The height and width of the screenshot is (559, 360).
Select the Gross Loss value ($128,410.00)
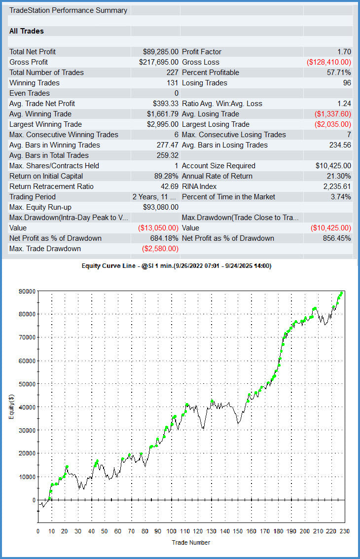click(329, 62)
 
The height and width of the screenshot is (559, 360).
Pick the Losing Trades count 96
click(347, 83)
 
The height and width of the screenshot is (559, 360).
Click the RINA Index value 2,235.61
click(336, 186)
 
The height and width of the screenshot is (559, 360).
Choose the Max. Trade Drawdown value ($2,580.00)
click(160, 249)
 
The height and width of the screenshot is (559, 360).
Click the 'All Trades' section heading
click(27, 31)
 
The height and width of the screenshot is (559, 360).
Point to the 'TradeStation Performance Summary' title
click(68, 10)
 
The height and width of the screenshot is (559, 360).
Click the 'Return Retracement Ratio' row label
click(51, 186)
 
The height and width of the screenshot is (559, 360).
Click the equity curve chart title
click(176, 266)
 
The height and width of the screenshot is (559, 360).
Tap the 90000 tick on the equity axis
click(27, 291)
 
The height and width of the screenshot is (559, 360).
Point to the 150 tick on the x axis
click(238, 531)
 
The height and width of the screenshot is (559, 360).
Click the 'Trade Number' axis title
click(191, 542)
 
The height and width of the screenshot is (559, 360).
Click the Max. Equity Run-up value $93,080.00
click(160, 207)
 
